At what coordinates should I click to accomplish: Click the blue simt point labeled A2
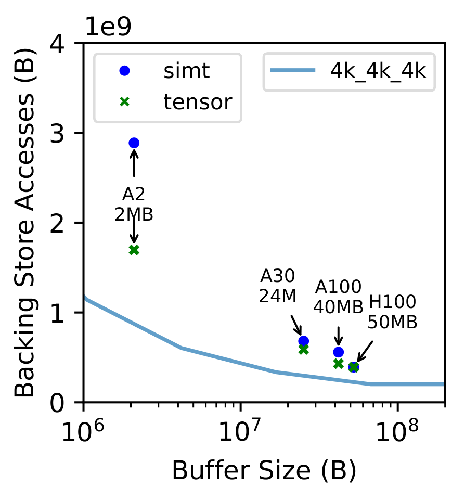click(134, 143)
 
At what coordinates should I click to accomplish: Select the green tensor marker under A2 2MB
click(134, 250)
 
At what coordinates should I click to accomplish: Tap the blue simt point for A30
click(304, 341)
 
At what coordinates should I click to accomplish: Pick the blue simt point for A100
click(338, 352)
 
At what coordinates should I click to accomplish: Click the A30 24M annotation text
click(277, 286)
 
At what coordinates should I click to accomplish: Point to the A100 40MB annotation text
click(338, 297)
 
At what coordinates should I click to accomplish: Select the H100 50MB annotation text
click(392, 312)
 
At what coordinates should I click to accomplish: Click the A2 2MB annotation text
click(134, 204)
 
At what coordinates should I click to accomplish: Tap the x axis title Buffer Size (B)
click(264, 471)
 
